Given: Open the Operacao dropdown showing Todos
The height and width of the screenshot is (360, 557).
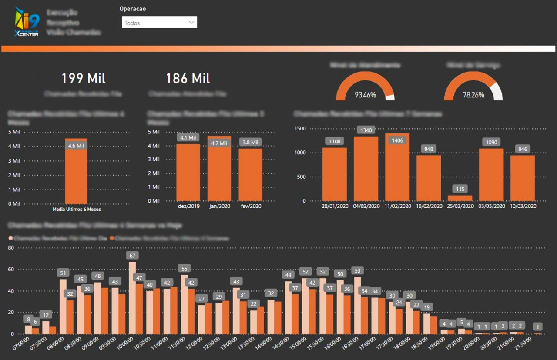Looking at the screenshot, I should click(159, 23).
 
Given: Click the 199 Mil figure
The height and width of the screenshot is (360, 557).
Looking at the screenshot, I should click(83, 78).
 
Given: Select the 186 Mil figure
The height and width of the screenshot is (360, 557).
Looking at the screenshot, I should click(188, 78).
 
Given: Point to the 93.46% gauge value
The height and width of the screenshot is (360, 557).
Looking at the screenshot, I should click(365, 95).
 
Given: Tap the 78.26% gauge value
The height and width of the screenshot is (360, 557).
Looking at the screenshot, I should click(473, 95).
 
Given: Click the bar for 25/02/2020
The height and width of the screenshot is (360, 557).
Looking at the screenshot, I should click(460, 198).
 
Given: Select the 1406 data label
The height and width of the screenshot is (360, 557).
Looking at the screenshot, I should click(397, 140).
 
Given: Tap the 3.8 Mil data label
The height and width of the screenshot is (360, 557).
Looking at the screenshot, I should click(250, 143).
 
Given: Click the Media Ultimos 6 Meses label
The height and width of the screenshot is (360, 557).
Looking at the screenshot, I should click(76, 210).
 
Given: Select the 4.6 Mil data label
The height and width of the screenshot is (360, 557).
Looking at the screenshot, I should click(76, 146).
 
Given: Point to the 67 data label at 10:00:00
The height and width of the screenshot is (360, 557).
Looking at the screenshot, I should click(132, 255).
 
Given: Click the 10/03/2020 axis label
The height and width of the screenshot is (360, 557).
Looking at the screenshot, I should click(523, 206).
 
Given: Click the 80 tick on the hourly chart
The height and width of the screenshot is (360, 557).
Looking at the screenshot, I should click(11, 248).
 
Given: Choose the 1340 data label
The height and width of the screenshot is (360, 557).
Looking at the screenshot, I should click(366, 130).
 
